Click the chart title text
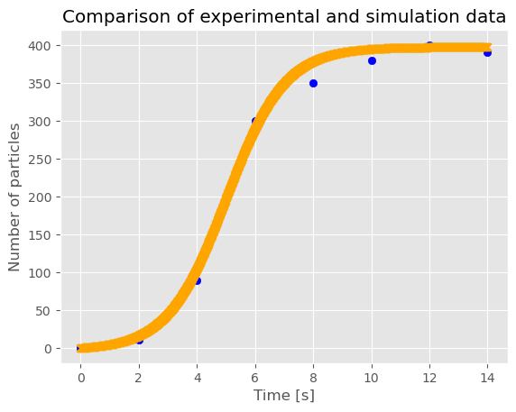(284, 16)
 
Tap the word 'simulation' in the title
(412, 16)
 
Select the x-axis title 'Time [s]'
(283, 395)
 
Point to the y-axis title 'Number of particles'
(14, 197)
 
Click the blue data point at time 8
(313, 84)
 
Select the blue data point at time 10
(372, 60)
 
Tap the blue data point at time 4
(198, 281)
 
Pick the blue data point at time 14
(488, 52)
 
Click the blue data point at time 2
(140, 341)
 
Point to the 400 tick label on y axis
(40, 46)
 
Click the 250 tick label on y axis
(40, 160)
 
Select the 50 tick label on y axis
(43, 311)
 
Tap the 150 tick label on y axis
(40, 235)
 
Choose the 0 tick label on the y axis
(48, 349)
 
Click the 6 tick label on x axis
(255, 378)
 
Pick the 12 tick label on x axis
(429, 378)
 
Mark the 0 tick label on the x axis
(81, 378)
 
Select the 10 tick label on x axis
(372, 378)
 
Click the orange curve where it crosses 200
(226, 197)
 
